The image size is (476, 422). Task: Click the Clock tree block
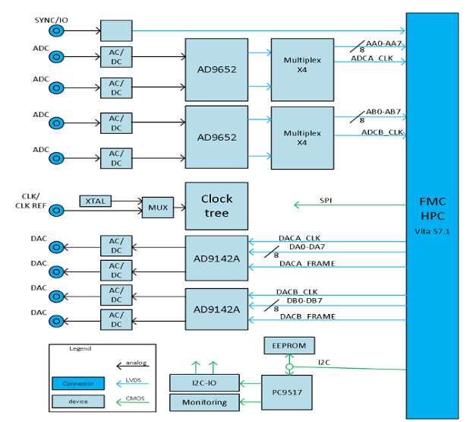click(x=216, y=205)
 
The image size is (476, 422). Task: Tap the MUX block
click(x=157, y=207)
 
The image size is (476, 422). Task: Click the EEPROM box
click(x=288, y=345)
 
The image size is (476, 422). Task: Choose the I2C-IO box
click(x=204, y=382)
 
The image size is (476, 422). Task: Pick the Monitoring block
click(x=204, y=402)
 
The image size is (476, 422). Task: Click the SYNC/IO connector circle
click(x=55, y=30)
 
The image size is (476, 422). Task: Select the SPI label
click(x=326, y=201)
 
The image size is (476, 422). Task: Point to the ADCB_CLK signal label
click(x=382, y=132)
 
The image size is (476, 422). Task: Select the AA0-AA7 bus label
click(x=383, y=44)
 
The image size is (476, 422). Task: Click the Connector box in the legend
click(x=78, y=382)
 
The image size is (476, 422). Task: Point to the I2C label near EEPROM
click(x=324, y=362)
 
